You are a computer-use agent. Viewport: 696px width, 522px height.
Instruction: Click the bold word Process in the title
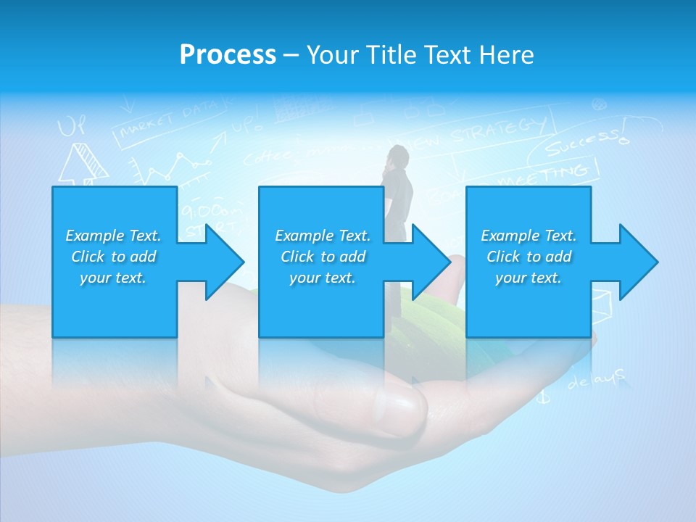(x=228, y=55)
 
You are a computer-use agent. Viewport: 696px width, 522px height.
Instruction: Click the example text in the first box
(x=113, y=257)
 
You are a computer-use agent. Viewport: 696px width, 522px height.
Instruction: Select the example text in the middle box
(x=323, y=257)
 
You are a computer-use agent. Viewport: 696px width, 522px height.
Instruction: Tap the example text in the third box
(x=529, y=257)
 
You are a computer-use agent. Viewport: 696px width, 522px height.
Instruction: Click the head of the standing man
(x=396, y=155)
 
